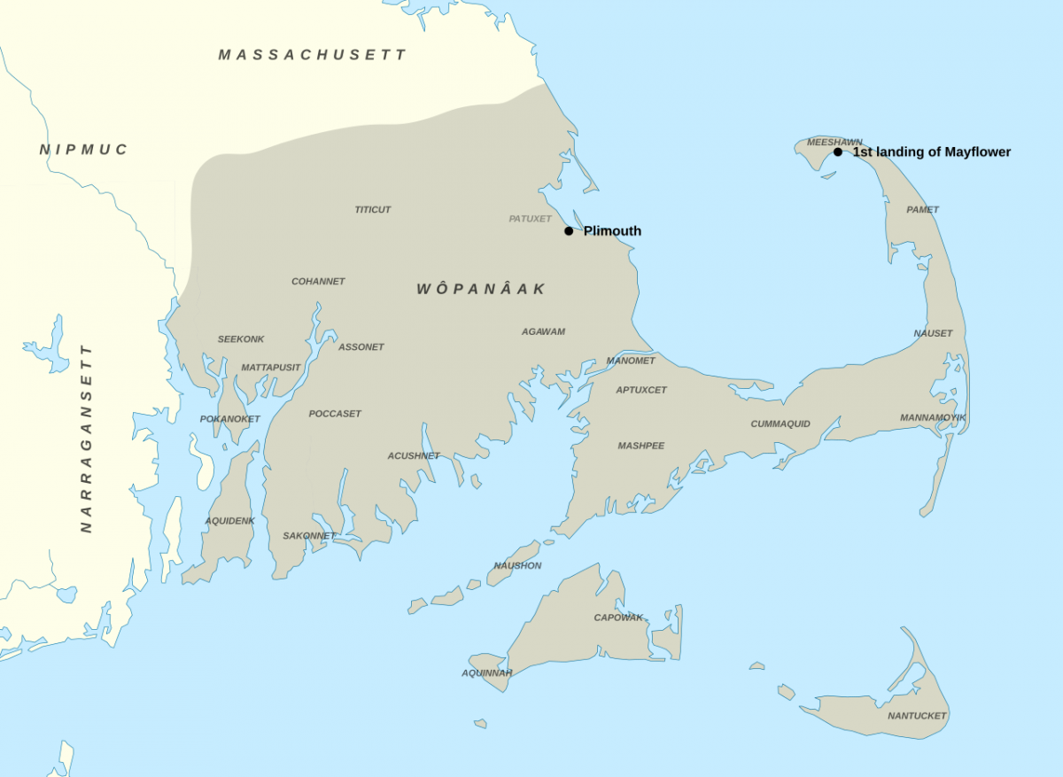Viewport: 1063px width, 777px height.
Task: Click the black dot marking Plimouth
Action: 569,231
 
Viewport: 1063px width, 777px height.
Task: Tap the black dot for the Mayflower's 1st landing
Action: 838,152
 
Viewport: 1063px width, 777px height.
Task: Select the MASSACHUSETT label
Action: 313,55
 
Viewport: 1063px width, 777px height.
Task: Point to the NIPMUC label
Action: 84,150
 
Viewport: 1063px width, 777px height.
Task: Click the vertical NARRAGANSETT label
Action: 86,439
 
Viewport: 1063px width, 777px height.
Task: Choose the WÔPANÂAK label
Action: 481,289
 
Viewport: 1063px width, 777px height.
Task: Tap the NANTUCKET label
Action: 917,716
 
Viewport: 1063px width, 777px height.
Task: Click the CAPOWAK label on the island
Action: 618,618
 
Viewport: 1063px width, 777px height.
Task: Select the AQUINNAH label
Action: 487,673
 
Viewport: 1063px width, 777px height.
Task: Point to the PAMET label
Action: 922,210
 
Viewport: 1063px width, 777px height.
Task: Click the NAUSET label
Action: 933,333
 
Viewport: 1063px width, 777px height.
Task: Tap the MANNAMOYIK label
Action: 933,417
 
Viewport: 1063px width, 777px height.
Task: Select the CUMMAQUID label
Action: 780,423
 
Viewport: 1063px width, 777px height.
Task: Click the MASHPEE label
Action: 641,446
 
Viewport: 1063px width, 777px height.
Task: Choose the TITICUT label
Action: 373,210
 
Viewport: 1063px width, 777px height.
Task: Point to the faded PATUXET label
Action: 530,219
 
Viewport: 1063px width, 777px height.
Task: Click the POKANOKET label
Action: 230,419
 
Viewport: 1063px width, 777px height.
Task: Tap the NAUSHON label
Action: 517,565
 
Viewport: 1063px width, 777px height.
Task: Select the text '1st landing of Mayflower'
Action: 931,152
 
